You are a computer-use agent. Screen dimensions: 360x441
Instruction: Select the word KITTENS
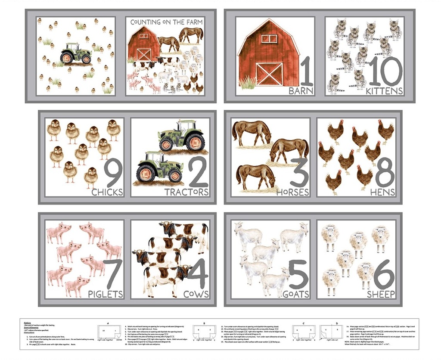tap(384, 91)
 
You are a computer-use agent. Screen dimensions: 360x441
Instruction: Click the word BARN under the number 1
tap(301, 91)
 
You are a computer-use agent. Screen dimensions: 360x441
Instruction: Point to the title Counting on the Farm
tap(167, 22)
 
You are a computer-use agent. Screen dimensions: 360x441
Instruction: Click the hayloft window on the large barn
tap(269, 38)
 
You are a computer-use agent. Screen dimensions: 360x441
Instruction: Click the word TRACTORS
tap(186, 192)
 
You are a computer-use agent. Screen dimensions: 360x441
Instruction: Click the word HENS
tap(382, 192)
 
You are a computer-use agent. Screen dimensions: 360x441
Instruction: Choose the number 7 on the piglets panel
tap(112, 274)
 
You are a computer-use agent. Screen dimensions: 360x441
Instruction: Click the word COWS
tap(196, 294)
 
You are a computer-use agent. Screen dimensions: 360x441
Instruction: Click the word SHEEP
tap(380, 294)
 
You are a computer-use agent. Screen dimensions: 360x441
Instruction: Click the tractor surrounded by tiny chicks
tap(76, 54)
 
